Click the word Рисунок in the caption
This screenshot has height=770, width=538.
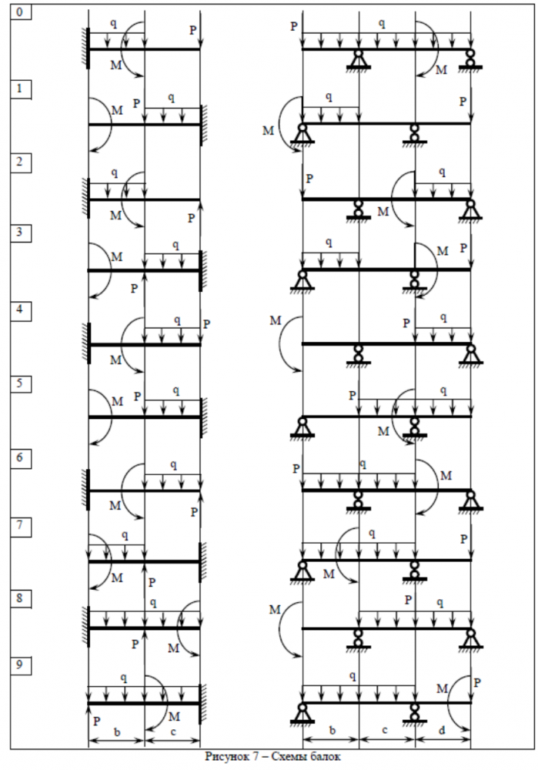[x=228, y=755]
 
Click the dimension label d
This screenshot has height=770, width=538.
[x=443, y=728]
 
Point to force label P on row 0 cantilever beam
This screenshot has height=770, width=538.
[x=192, y=30]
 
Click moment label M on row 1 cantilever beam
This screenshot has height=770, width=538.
[x=116, y=111]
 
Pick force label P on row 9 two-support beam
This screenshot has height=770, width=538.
[x=478, y=682]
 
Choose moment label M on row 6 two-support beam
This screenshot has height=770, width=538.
[x=446, y=475]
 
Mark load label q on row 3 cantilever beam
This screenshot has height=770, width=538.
[x=175, y=245]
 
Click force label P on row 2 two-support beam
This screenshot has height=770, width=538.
[x=309, y=179]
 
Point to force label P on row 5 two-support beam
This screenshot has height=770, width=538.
[x=352, y=396]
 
